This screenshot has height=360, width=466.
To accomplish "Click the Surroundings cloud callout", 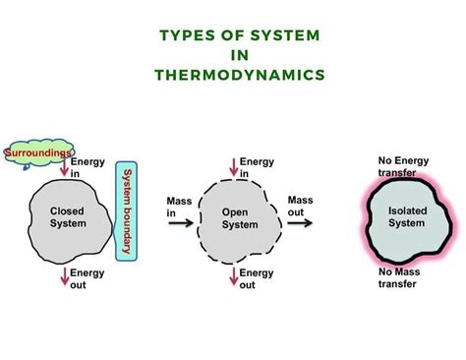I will click(x=36, y=154).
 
